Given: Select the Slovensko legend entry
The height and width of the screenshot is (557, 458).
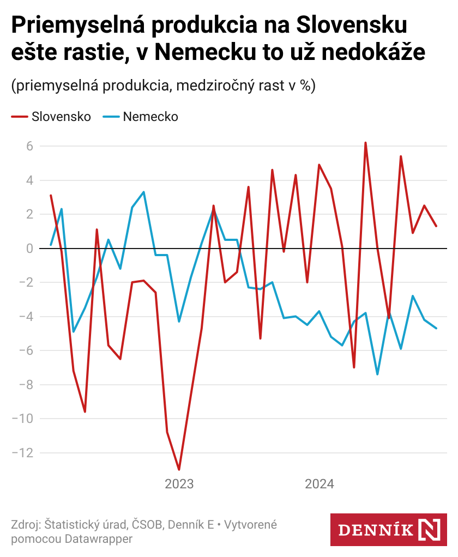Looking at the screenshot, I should tap(61, 117).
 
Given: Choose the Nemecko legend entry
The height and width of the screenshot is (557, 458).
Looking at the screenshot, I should tap(150, 117).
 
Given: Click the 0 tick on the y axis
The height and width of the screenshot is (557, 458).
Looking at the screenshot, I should tap(29, 249).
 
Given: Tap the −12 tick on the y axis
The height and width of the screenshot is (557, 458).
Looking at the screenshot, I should tap(23, 453).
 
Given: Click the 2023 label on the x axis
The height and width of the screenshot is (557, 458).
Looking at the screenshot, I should tap(179, 484).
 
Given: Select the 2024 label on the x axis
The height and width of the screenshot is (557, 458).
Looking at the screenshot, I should tap(320, 484).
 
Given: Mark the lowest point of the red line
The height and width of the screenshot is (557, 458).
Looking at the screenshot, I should tap(179, 469).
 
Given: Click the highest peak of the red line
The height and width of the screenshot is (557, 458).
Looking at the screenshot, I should tap(365, 143).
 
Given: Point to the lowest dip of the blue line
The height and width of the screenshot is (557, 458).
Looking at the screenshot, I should tap(377, 374).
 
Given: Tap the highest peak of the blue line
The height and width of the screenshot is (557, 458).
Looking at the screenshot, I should tap(143, 192).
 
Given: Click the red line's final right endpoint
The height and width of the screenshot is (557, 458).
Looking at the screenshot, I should tap(436, 226).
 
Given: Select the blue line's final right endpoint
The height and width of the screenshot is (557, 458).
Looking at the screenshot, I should tap(436, 328).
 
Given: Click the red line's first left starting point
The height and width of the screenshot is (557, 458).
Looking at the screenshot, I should tap(50, 195).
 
